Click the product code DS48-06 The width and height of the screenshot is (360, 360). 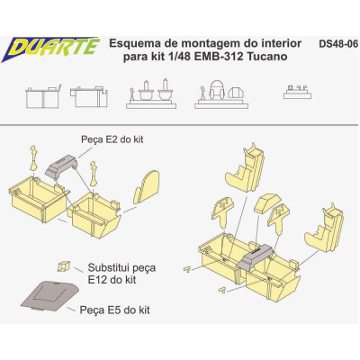[337, 42]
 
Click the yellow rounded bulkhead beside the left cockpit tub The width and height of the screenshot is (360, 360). [145, 192]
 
